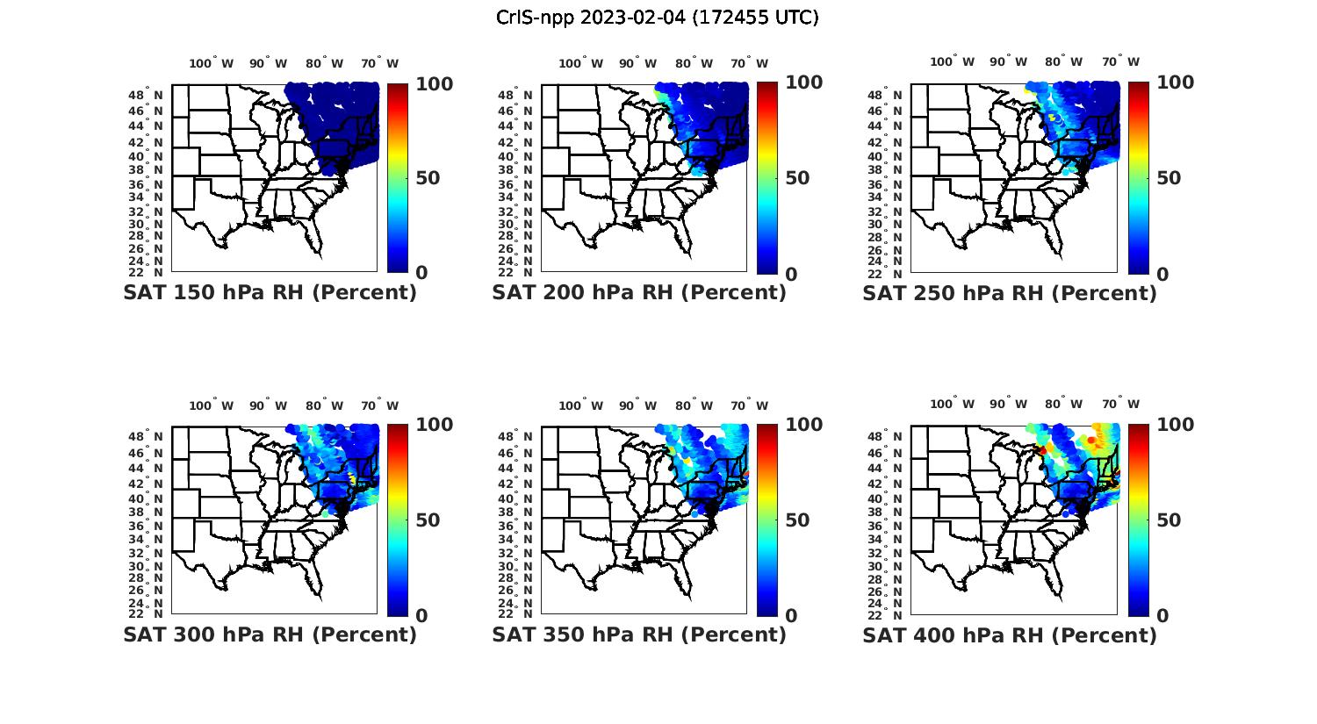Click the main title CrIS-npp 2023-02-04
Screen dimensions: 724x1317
657,17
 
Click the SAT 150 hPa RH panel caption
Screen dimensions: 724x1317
270,292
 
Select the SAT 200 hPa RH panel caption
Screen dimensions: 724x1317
639,292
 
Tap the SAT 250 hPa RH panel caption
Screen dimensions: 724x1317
1010,292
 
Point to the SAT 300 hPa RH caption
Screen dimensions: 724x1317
270,634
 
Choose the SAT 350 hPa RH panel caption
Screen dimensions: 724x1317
639,634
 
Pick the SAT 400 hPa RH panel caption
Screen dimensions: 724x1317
1010,634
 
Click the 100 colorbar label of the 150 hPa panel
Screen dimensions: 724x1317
434,83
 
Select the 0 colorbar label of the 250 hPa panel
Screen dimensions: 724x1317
1162,274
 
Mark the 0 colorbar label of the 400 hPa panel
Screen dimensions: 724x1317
1162,616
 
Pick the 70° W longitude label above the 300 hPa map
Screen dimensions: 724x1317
379,405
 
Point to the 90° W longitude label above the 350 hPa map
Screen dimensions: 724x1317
638,405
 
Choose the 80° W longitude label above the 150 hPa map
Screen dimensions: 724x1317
325,63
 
